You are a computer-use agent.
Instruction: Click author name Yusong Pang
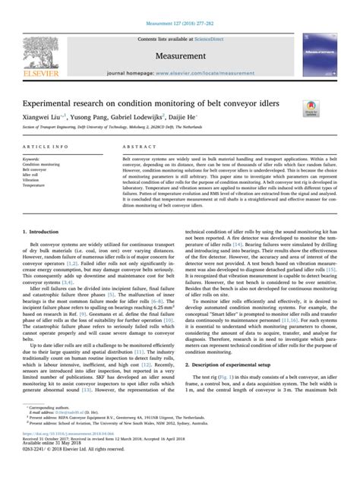[90, 118]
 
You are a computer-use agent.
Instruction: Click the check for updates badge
[310, 109]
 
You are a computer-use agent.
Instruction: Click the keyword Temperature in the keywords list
[36, 185]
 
